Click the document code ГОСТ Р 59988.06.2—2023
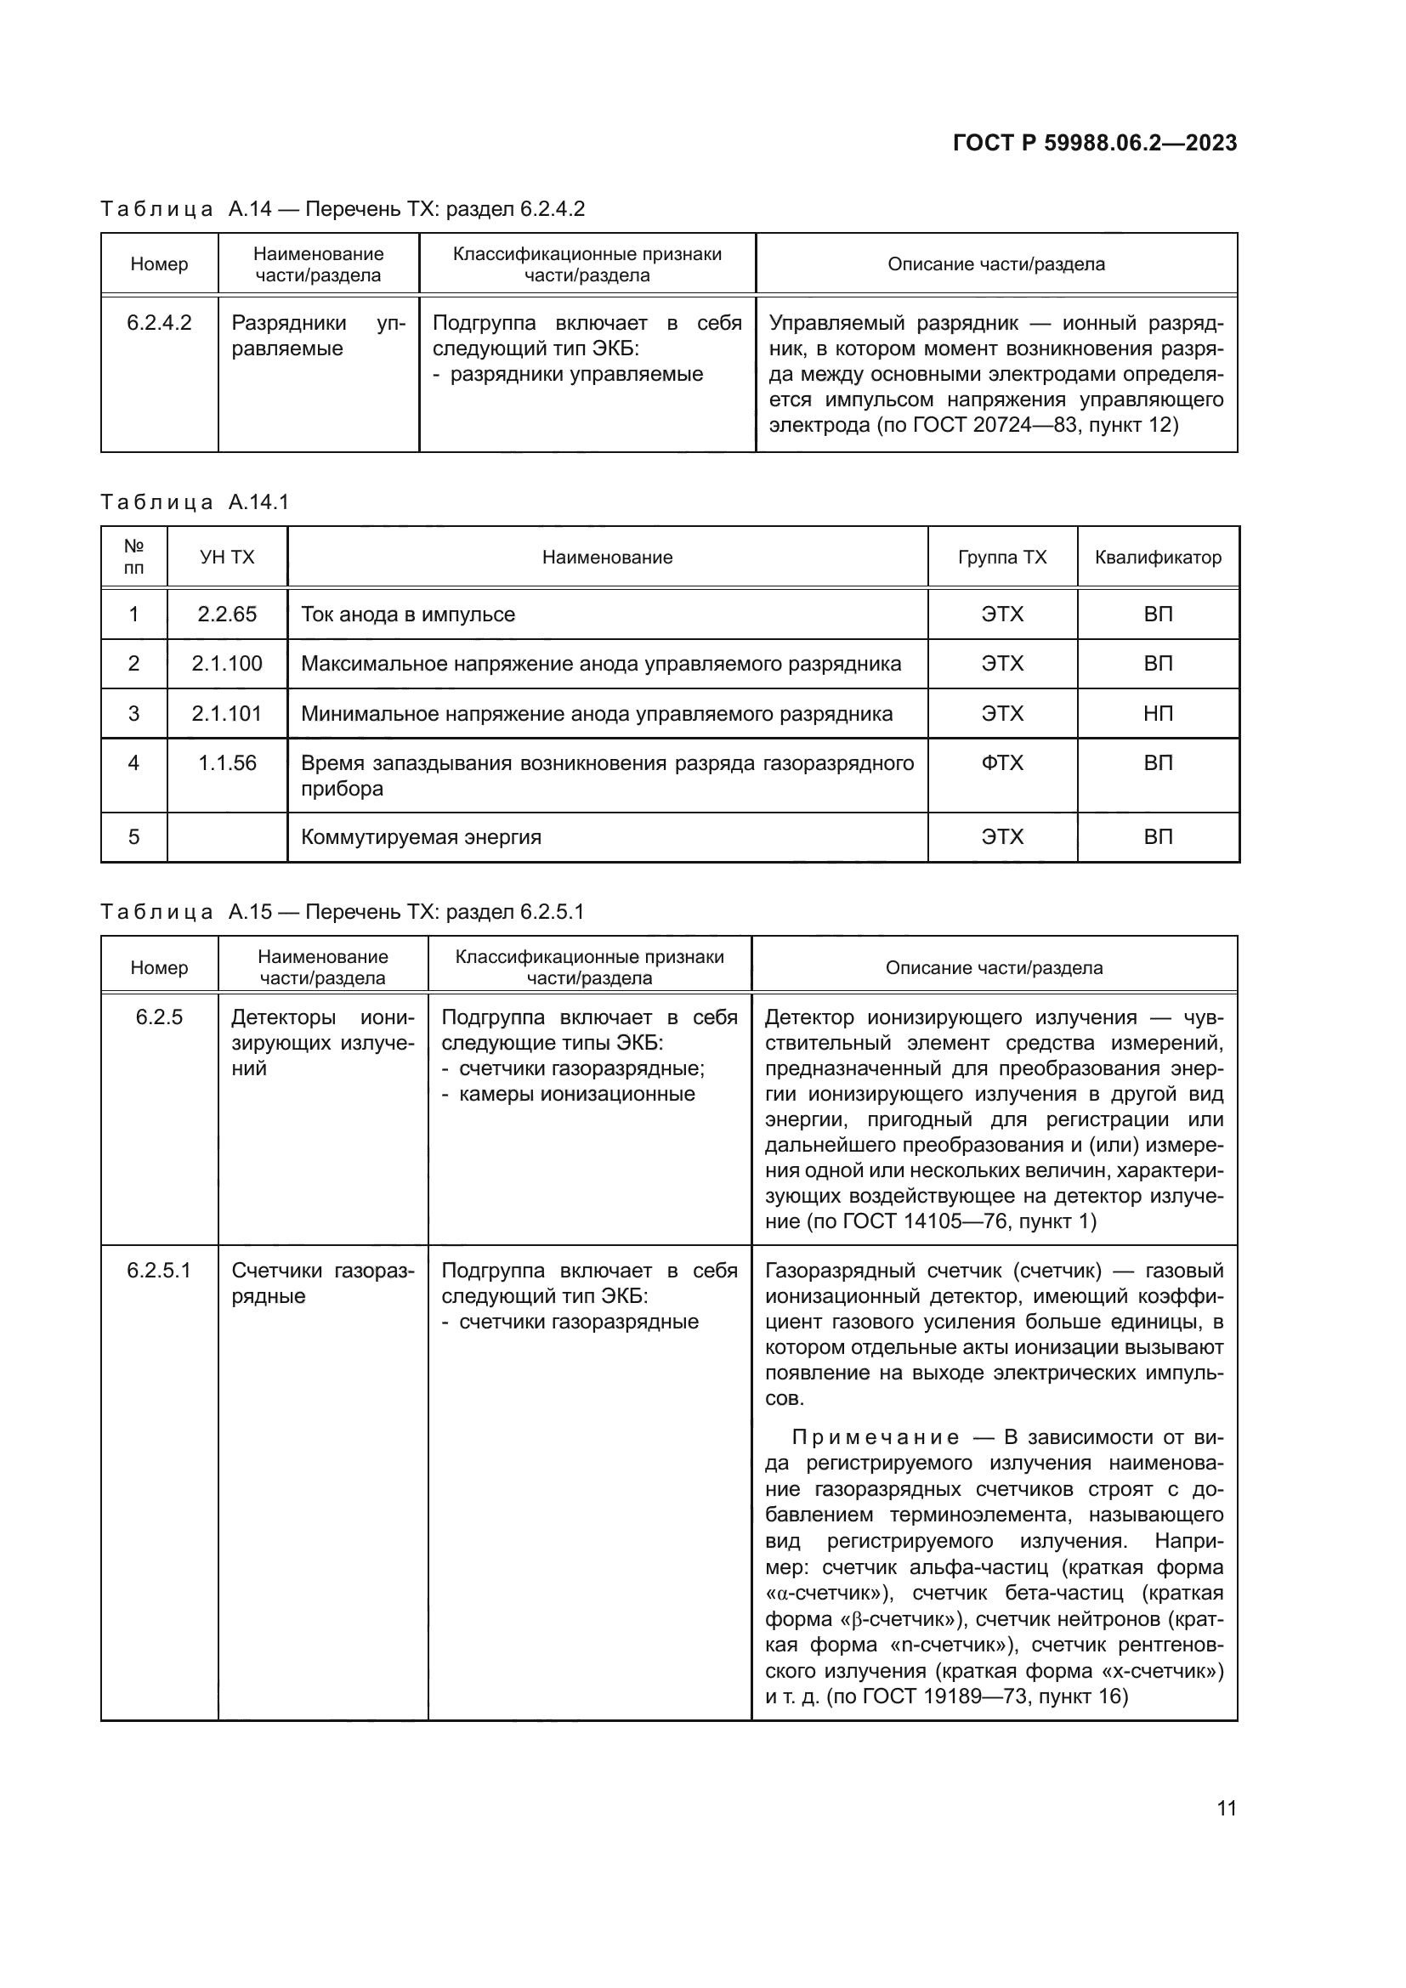1094,143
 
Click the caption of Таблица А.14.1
195,502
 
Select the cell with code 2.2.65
227,614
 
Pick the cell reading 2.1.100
227,663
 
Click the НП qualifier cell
1158,713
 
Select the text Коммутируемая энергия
421,837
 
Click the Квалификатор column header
1158,558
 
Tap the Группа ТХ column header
1001,558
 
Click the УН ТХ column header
227,558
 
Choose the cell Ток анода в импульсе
408,615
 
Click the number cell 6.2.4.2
159,323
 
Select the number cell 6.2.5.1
159,1270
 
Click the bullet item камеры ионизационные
576,1094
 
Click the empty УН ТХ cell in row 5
227,837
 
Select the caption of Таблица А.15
342,912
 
